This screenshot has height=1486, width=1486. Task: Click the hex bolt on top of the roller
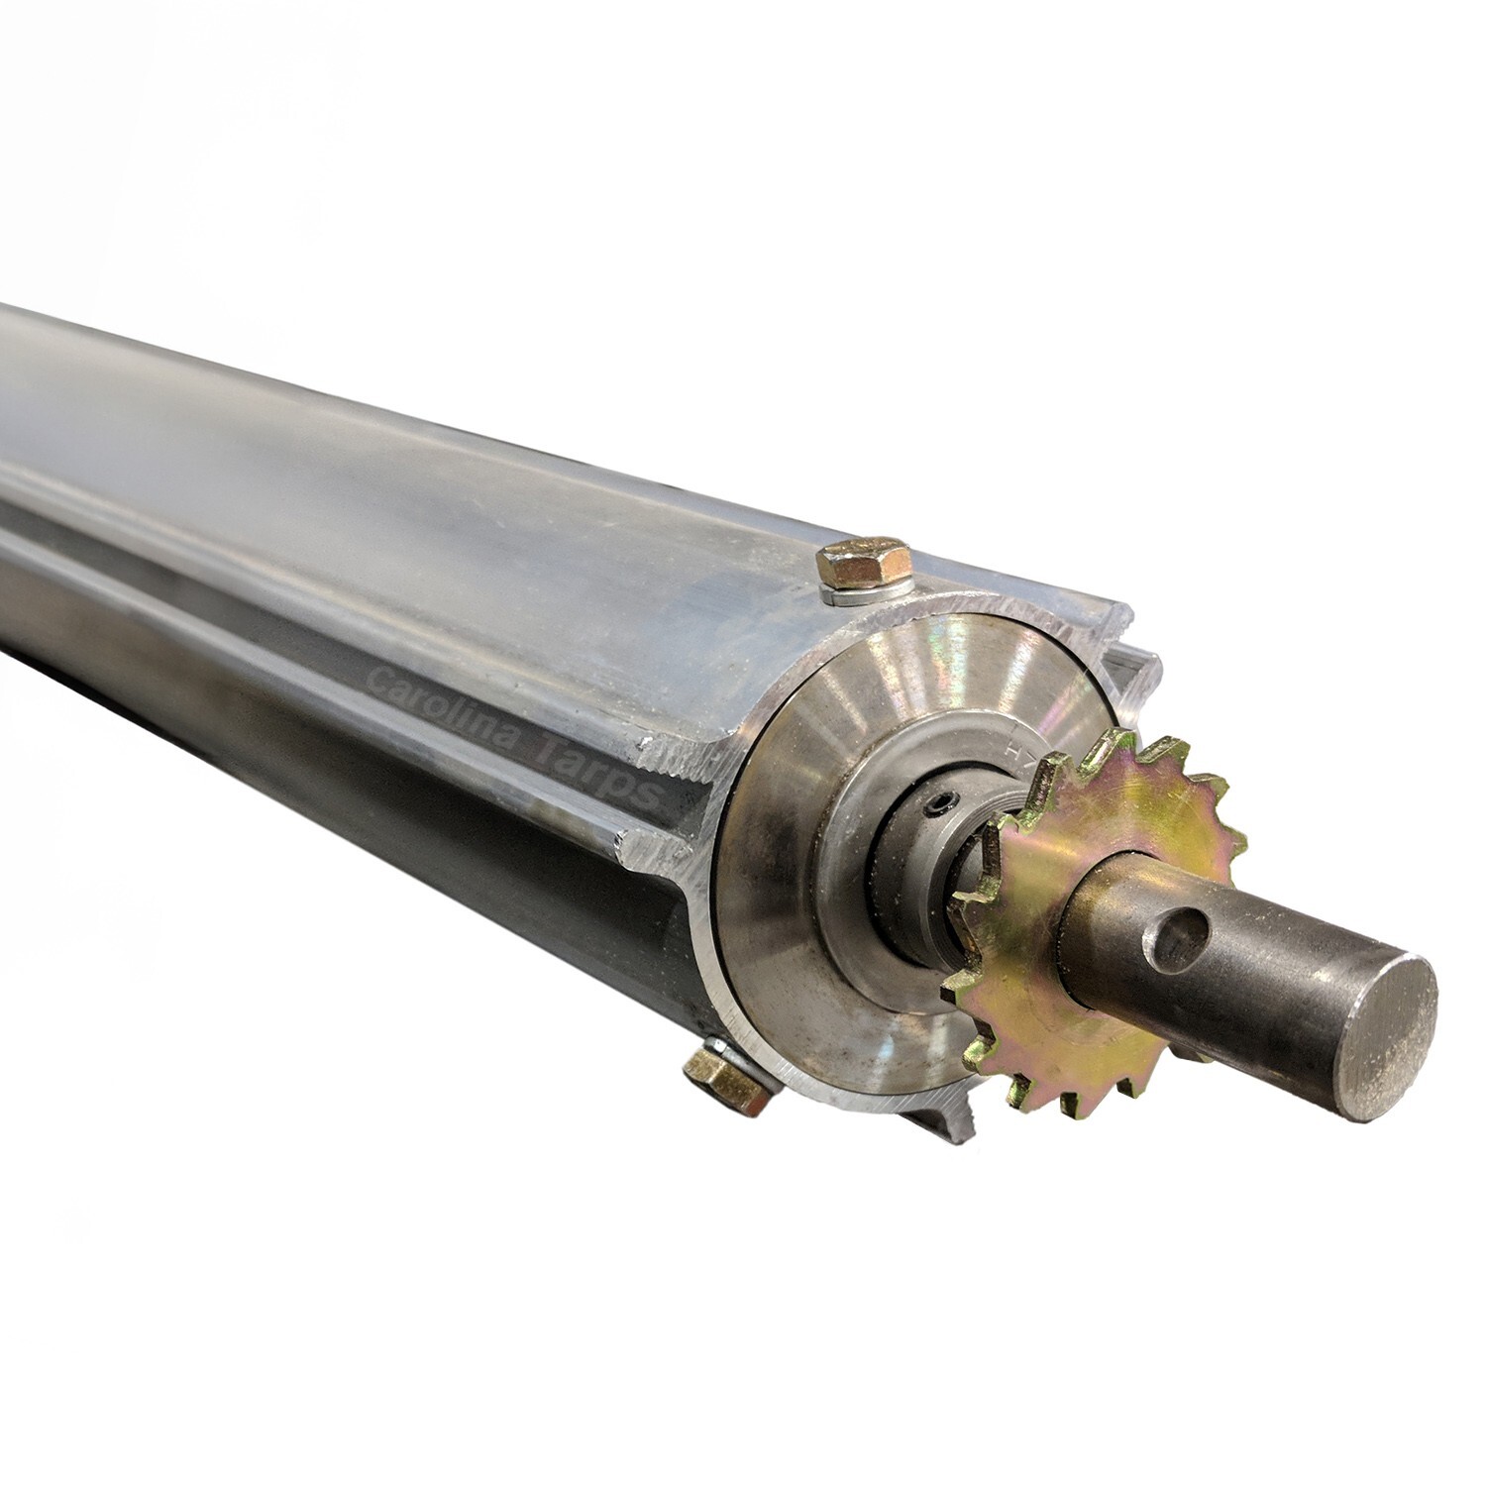860,565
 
